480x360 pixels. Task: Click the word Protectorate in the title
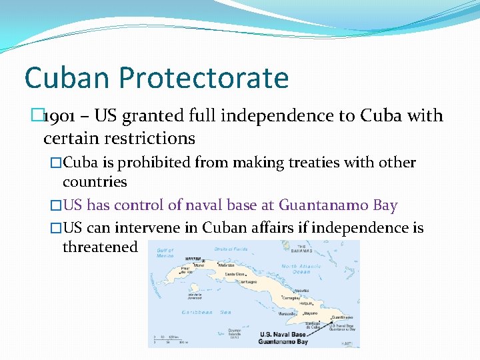(x=204, y=78)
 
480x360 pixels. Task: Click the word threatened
(x=100, y=247)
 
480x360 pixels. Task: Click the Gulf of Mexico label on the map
(x=165, y=253)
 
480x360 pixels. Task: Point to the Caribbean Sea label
(x=207, y=312)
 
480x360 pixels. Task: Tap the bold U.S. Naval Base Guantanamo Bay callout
(x=283, y=338)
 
